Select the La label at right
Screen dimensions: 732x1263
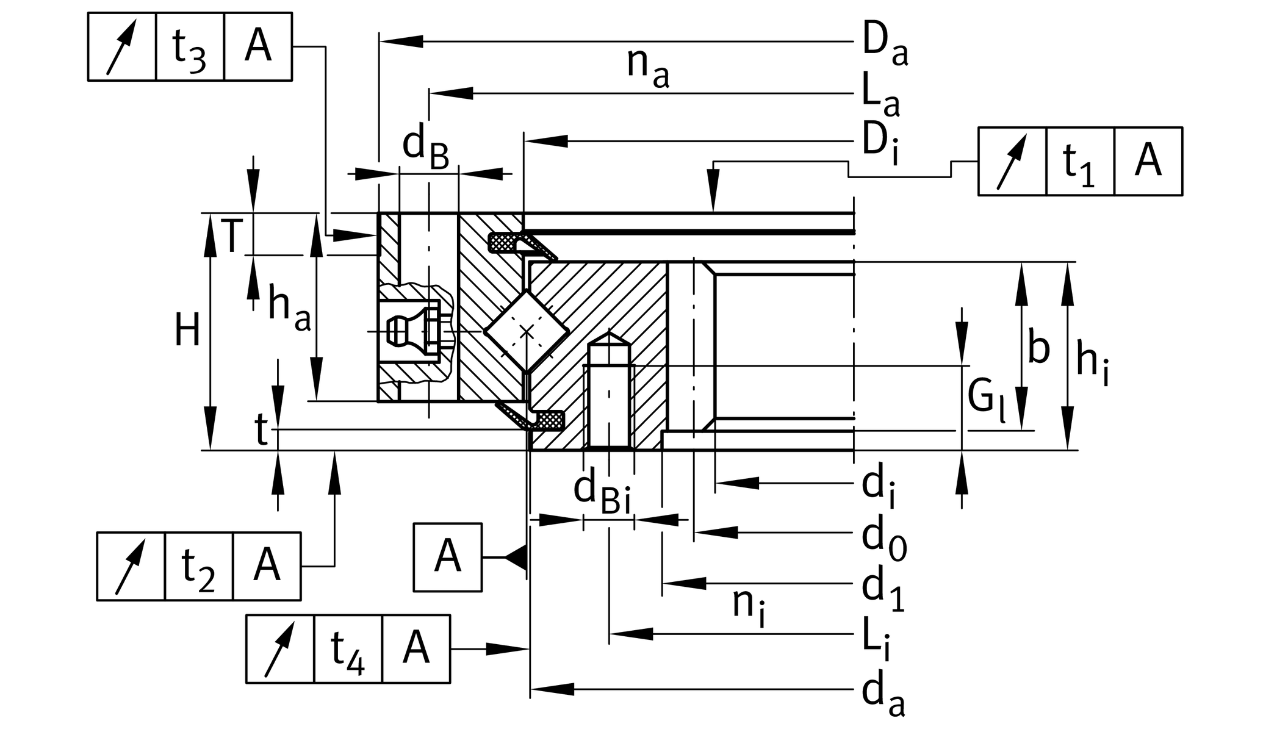tap(880, 96)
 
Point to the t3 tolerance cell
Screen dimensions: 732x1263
tap(190, 47)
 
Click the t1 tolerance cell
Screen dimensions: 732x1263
tap(1079, 162)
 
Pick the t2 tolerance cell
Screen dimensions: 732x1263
tap(198, 567)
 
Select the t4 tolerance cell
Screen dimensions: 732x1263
tap(348, 649)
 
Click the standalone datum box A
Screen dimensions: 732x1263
tap(447, 557)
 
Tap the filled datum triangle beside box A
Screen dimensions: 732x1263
tap(517, 558)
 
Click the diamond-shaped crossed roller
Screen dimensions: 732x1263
tap(527, 331)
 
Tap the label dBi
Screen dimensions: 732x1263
tap(602, 492)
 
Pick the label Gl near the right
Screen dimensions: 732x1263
tap(985, 400)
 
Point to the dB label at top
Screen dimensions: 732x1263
tap(425, 148)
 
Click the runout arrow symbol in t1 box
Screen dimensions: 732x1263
tap(1012, 162)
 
